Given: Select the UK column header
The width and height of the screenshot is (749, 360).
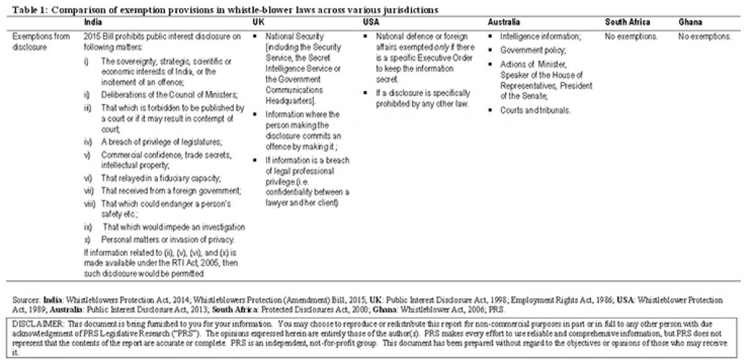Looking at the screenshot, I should click(257, 22).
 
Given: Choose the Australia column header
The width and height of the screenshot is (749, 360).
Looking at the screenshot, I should click(507, 22).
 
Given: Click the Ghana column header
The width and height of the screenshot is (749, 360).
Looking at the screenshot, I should click(690, 22).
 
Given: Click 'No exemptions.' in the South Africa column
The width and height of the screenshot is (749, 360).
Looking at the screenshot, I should click(631, 37).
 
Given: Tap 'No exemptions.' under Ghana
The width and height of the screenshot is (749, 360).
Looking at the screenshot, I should click(705, 37).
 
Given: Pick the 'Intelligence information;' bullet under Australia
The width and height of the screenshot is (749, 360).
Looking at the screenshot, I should click(540, 37).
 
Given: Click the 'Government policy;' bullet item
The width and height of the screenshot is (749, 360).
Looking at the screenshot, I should click(532, 51).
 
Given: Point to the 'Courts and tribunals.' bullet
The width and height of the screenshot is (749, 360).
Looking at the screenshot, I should click(535, 110).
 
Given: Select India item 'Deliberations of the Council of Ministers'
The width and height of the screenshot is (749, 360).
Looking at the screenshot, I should click(160, 94).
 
